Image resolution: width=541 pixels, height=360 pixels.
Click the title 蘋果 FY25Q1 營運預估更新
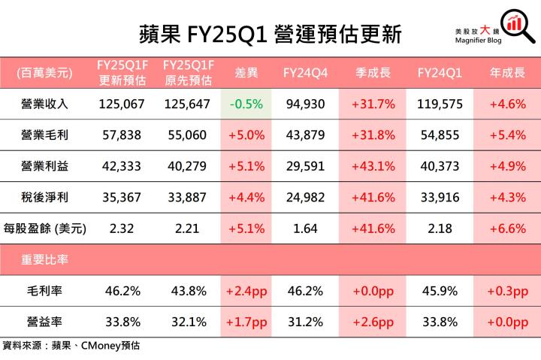[x=270, y=33]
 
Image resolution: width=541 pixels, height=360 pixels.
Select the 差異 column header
[x=246, y=73]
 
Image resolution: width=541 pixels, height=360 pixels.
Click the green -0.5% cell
[x=246, y=104]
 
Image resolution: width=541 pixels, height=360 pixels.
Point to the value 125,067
[x=121, y=104]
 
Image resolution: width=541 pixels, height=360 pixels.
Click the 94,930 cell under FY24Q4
[x=305, y=104]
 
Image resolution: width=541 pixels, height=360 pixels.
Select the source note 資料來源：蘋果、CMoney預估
[x=71, y=347]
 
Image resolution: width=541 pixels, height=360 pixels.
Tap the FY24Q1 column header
[x=440, y=73]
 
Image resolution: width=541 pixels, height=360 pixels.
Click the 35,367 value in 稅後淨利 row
[x=121, y=198]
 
